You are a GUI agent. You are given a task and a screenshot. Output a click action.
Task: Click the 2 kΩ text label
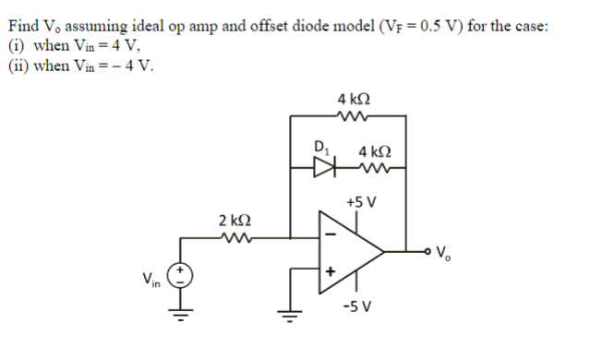[235, 221]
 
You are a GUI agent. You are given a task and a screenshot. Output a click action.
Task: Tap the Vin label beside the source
[151, 280]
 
